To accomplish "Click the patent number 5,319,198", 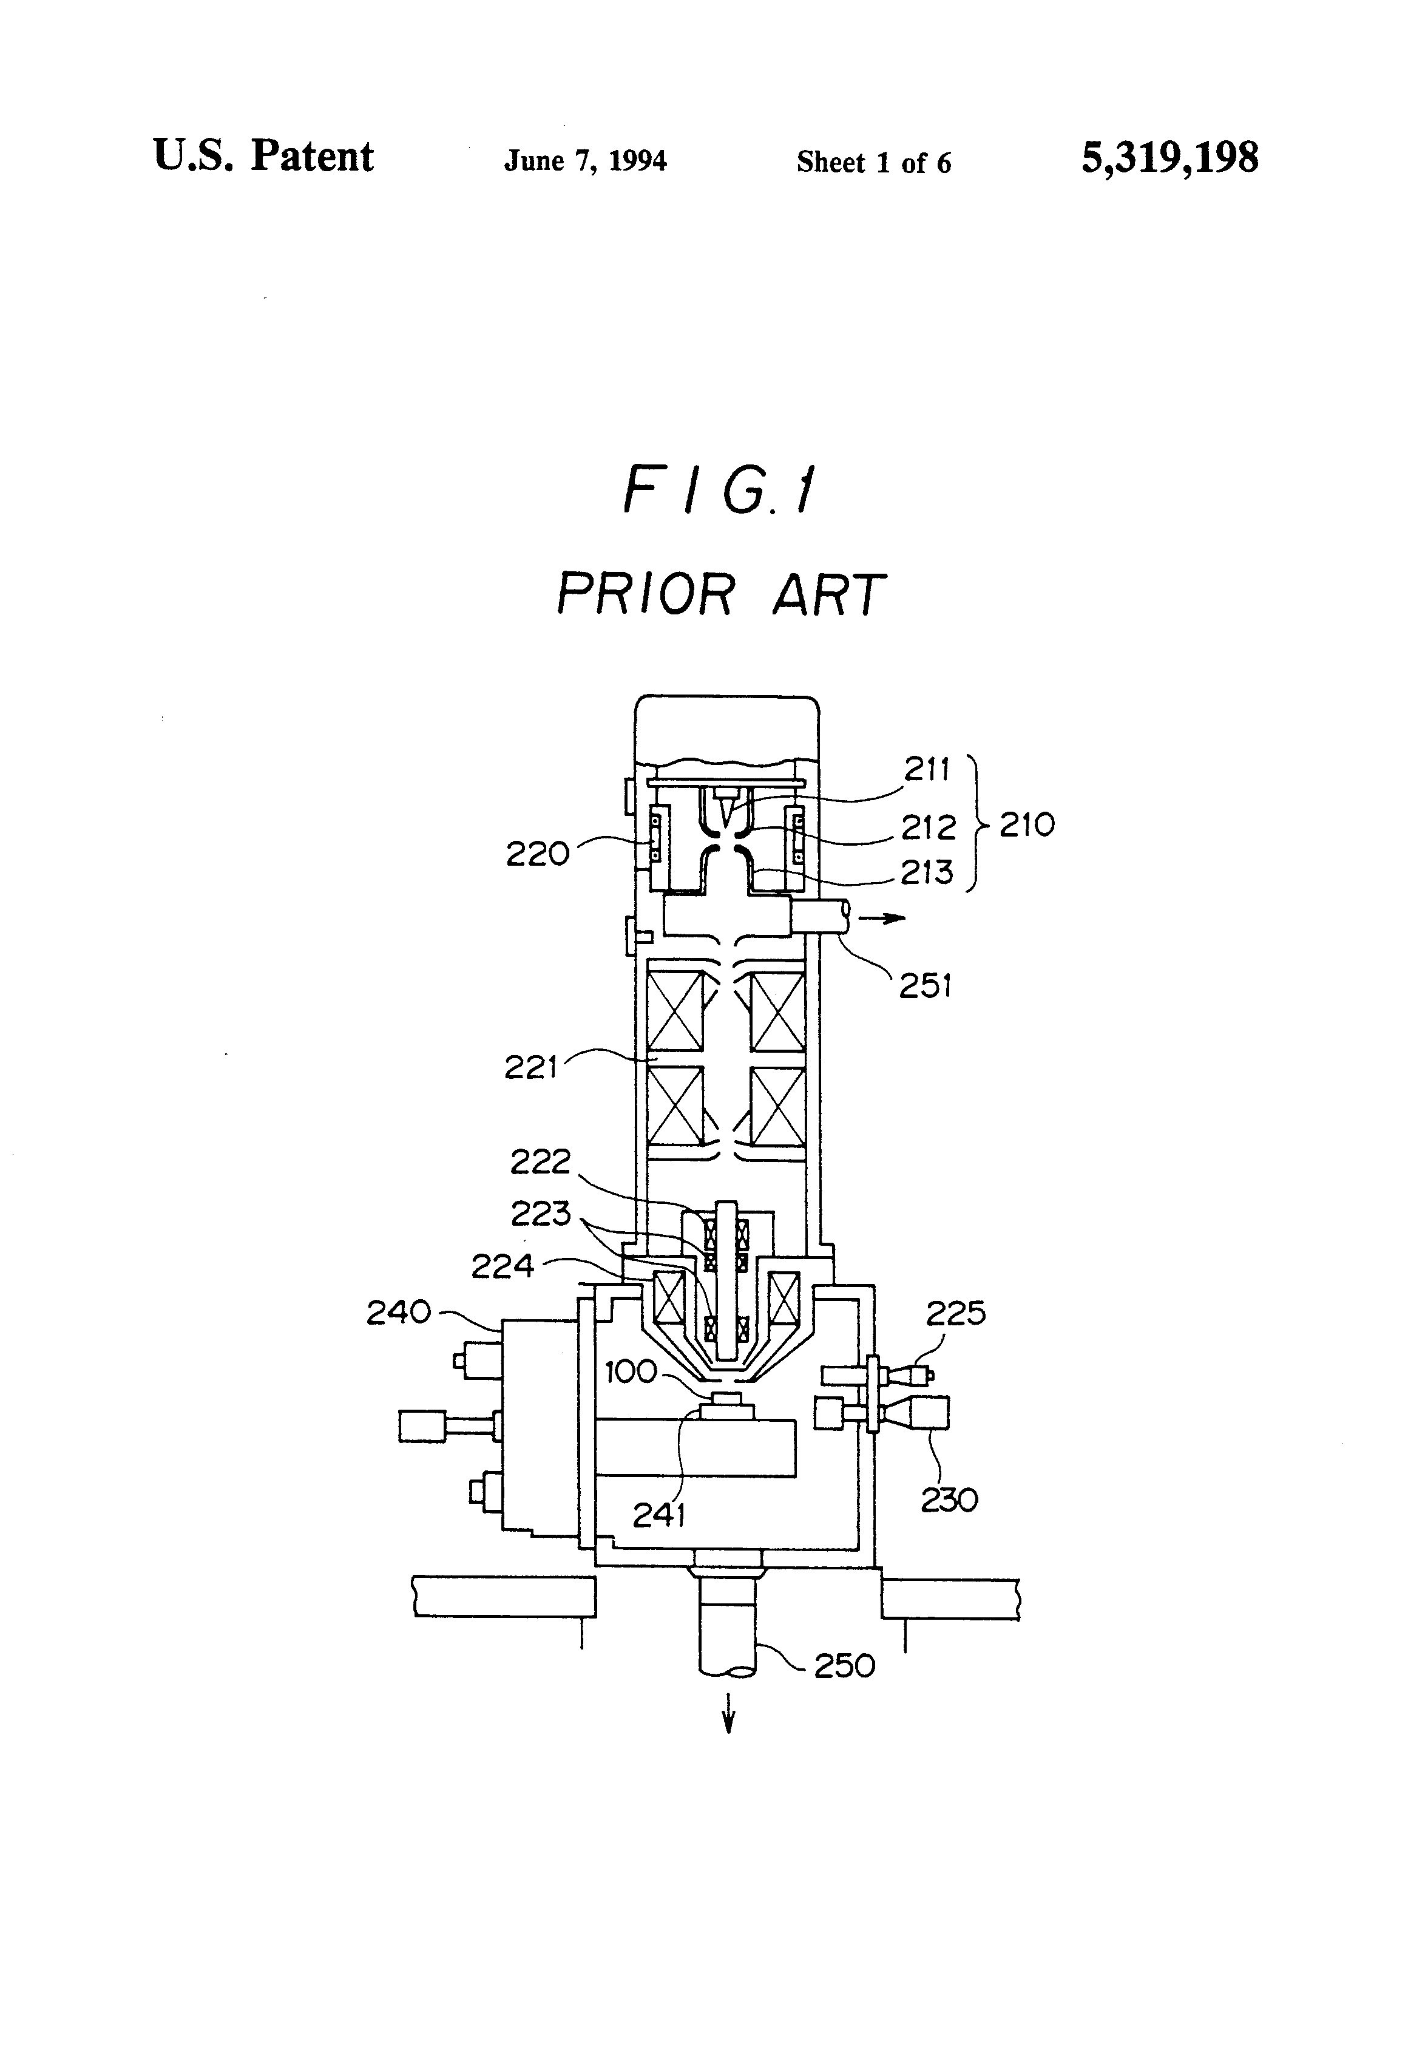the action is pos(1169,158).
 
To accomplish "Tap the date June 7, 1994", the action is pos(584,160).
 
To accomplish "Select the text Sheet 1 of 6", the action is pos(873,162).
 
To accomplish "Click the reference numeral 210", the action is pos(1026,824).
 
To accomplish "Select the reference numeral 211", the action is pos(927,769).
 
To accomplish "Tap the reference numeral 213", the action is pos(927,872).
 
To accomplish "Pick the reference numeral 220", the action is pos(538,854).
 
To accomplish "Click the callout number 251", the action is pos(926,987).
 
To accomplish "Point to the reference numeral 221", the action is pos(530,1067).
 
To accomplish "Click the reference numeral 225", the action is pos(956,1313).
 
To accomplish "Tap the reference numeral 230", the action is pos(949,1500).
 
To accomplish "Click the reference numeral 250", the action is pos(845,1664).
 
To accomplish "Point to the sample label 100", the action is pos(631,1372).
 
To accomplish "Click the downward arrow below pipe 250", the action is pos(729,1711).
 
